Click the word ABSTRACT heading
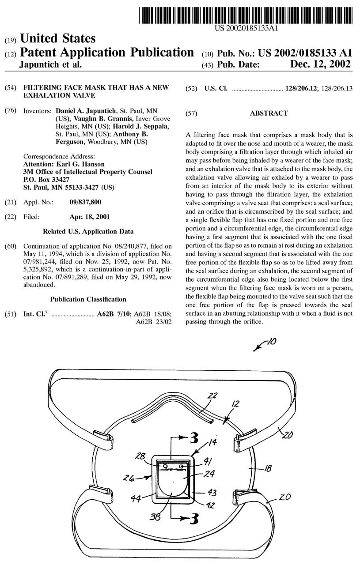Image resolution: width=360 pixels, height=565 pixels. [269, 113]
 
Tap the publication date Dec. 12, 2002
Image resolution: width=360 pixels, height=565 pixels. [320, 64]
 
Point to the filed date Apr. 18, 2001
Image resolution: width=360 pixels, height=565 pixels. [90, 217]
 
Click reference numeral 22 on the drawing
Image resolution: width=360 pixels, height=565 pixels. [213, 396]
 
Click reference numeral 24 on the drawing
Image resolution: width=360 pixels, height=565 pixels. [209, 475]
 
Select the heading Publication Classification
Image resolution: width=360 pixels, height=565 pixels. [88, 299]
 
